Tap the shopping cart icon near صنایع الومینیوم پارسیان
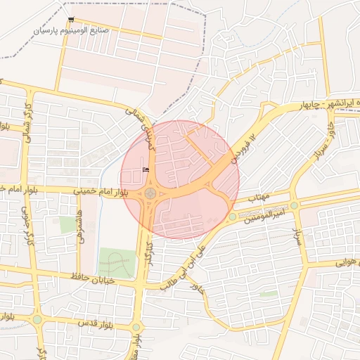click(x=71, y=20)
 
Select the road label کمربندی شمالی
click(x=139, y=127)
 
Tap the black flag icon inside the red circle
click(x=146, y=169)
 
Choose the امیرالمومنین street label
click(x=265, y=212)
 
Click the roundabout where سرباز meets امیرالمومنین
click(x=295, y=205)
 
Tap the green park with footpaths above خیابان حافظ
click(x=116, y=262)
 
